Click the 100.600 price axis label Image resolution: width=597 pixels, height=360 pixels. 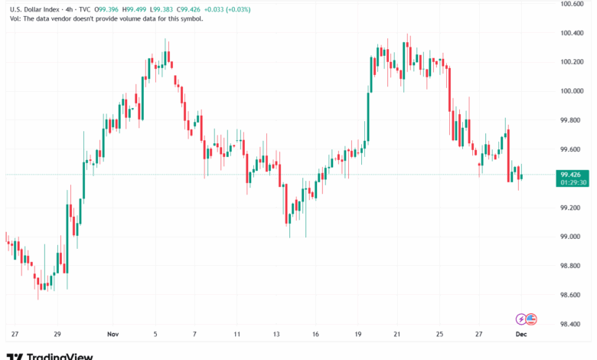[x=573, y=4]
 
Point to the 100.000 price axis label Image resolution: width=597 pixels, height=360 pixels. [x=573, y=91]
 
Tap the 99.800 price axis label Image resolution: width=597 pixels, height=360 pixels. [x=573, y=120]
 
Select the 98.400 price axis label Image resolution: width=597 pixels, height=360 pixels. [x=573, y=324]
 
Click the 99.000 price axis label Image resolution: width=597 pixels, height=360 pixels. [x=573, y=237]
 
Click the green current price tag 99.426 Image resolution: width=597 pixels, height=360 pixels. [x=573, y=175]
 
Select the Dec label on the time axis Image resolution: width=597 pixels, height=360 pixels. [x=521, y=334]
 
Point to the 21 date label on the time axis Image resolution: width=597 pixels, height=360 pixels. [x=397, y=334]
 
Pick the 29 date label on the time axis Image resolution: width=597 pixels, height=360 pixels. [x=57, y=334]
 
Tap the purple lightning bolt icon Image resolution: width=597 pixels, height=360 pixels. [x=521, y=319]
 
